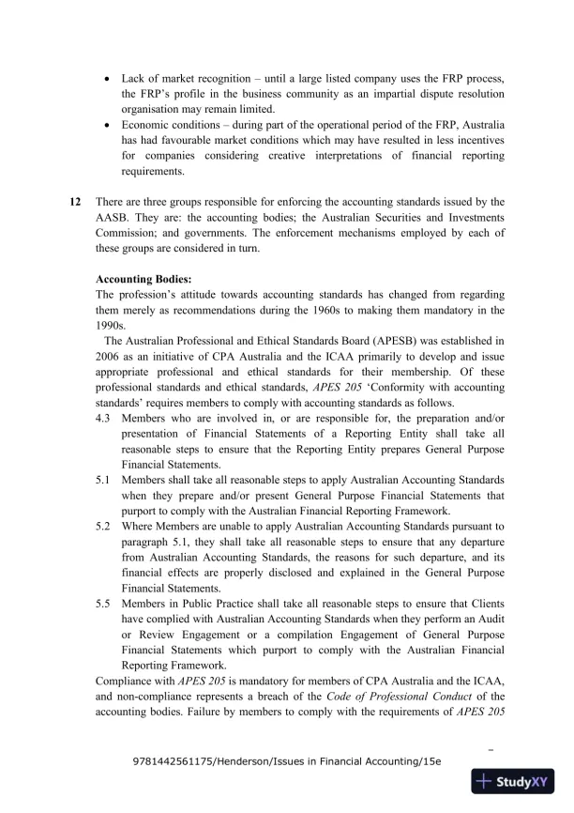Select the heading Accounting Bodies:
pyautogui.click(x=143, y=279)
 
